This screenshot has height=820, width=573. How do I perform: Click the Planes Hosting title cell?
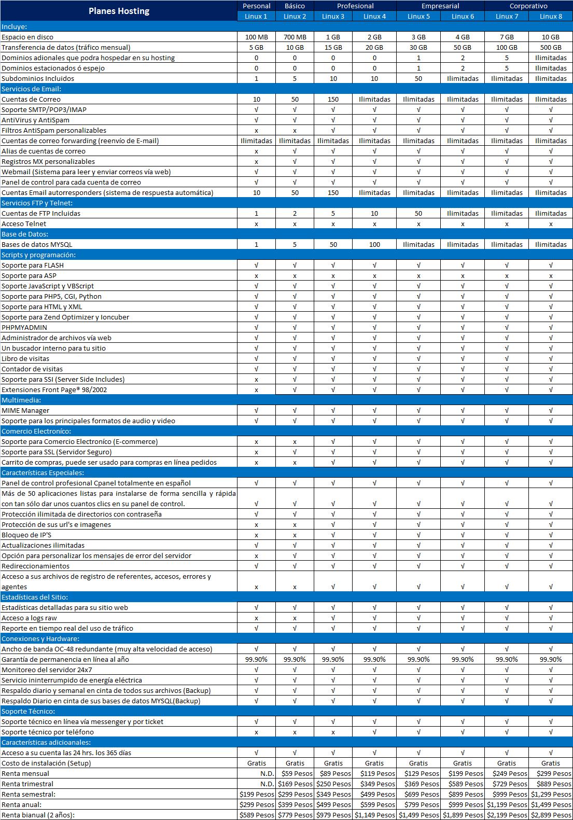(119, 11)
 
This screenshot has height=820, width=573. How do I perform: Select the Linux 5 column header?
(418, 16)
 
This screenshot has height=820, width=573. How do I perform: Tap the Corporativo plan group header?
(528, 6)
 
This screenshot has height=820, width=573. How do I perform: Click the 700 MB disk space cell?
(295, 37)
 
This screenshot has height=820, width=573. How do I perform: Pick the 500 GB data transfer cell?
(551, 47)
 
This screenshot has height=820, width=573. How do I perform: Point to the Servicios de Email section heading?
(31, 89)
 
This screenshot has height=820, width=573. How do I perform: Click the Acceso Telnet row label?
(24, 224)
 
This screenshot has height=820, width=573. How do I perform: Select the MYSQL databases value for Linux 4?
(374, 244)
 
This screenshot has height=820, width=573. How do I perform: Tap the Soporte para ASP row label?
(29, 275)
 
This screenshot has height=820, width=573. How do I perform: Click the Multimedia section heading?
(21, 400)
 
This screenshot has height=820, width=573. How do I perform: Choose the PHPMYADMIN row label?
(24, 327)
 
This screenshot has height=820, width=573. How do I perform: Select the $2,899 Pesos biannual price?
(551, 815)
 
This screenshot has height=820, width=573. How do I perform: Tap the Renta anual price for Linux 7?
(506, 804)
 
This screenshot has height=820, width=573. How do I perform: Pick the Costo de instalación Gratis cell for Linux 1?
(257, 763)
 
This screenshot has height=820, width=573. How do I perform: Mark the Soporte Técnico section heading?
(28, 711)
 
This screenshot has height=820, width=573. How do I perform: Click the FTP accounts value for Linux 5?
(418, 213)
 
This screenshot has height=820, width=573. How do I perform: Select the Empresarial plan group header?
(440, 6)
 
